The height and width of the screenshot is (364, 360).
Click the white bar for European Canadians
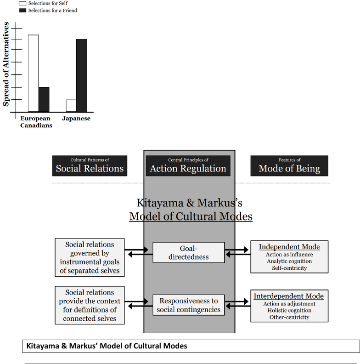(34, 73)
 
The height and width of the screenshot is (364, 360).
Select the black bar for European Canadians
(44, 99)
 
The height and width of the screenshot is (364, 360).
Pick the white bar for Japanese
(71, 106)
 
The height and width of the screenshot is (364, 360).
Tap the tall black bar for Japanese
(81, 75)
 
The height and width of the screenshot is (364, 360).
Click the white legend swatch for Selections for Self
(22, 4)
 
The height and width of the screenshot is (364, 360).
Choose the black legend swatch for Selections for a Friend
(22, 11)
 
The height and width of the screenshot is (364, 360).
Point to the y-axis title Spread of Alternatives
(6, 64)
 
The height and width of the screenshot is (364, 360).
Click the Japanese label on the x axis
(76, 119)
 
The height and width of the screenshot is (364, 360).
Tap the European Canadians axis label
(36, 122)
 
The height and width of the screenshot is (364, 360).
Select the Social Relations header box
(90, 166)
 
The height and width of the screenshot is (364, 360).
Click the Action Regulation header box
(188, 166)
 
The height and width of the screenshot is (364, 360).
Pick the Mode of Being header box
(289, 166)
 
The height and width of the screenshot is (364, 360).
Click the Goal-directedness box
(189, 252)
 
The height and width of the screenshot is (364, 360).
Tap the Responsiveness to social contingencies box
(189, 305)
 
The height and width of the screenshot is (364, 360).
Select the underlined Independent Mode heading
(289, 247)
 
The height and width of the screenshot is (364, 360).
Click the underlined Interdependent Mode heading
(288, 296)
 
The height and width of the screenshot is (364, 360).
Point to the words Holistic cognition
(289, 310)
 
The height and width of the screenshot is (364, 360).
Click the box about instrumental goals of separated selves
(90, 257)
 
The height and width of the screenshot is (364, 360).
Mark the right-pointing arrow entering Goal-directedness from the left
(136, 250)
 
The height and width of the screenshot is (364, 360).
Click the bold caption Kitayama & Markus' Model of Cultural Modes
(107, 346)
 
